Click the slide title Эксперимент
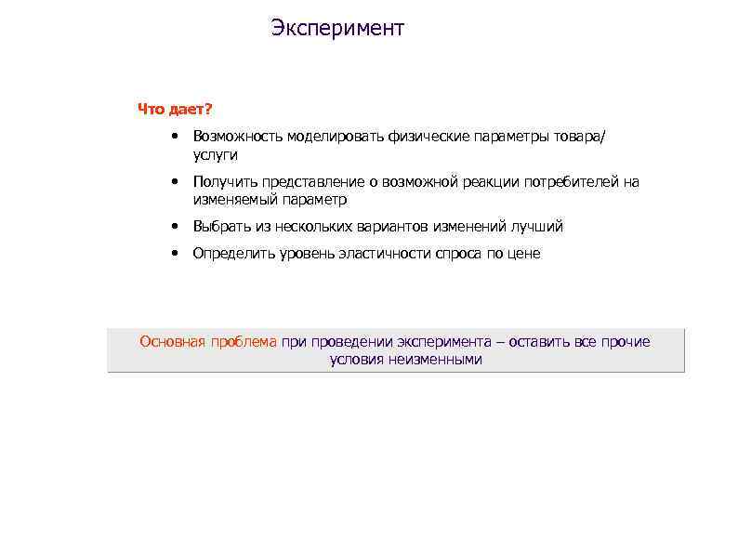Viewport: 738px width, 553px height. (x=338, y=29)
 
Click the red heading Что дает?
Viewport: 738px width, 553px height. (x=176, y=111)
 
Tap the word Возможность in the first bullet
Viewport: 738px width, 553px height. (x=238, y=138)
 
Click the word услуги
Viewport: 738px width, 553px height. (x=216, y=155)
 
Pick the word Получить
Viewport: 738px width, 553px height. (x=223, y=182)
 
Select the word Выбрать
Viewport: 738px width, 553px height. (x=221, y=226)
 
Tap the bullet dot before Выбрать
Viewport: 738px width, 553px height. (x=175, y=226)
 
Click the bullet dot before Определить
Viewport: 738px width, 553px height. (x=175, y=253)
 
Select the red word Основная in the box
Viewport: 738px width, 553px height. (x=173, y=342)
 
